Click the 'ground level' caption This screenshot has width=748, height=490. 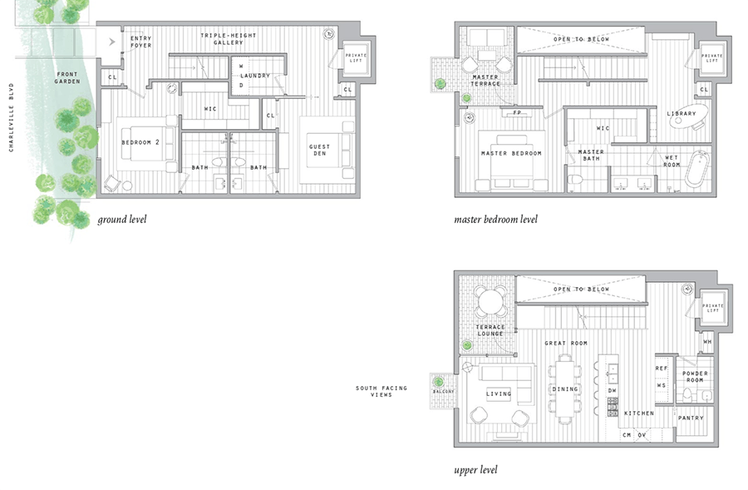click(122, 220)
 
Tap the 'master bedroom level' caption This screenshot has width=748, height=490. click(495, 220)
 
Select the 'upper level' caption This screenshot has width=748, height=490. click(475, 470)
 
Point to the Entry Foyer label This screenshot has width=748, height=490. click(140, 42)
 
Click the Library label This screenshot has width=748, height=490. click(681, 114)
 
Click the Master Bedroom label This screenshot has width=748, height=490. click(511, 154)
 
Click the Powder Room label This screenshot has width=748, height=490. click(695, 377)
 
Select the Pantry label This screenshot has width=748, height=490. click(691, 418)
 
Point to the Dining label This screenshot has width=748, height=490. click(565, 389)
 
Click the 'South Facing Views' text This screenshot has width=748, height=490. click(374, 391)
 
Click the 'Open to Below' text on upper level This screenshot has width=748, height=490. click(581, 290)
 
